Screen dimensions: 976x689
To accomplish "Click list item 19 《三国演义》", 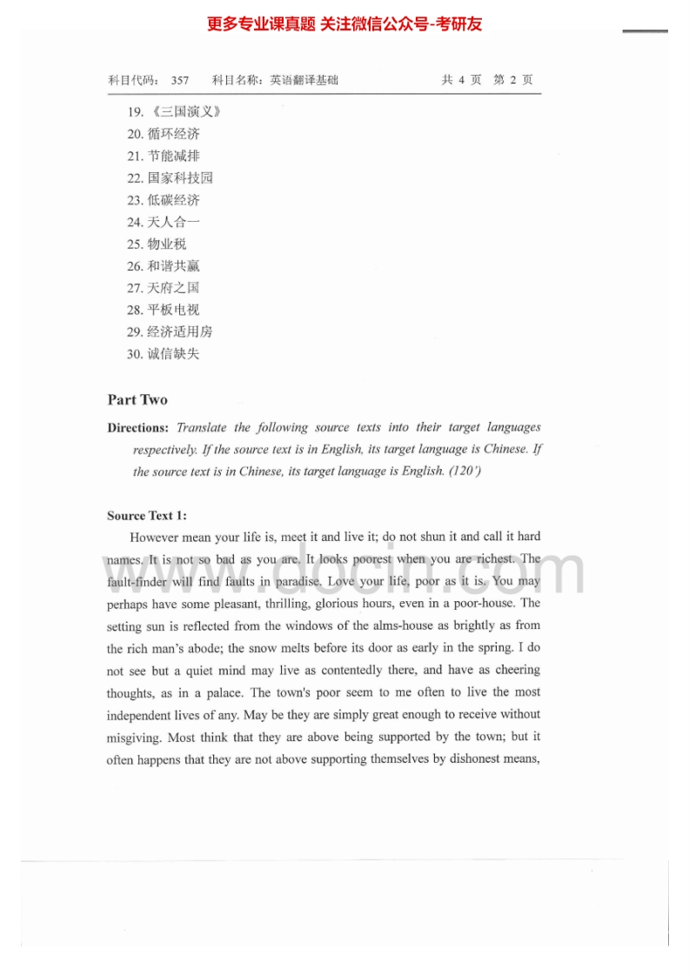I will (x=174, y=112).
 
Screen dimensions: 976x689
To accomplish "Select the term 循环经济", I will (x=173, y=134).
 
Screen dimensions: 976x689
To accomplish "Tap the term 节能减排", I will (x=173, y=156).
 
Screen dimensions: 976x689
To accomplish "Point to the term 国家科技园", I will (x=179, y=178).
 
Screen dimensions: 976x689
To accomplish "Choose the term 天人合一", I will (x=173, y=222).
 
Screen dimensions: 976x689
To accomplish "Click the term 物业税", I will (x=167, y=244).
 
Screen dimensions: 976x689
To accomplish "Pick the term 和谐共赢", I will (x=173, y=266).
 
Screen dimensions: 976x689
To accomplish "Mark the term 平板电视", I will (x=173, y=310).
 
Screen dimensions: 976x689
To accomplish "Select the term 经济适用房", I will (x=179, y=331).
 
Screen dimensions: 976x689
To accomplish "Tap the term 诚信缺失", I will (x=173, y=354).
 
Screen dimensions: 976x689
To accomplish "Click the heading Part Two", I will (x=137, y=400).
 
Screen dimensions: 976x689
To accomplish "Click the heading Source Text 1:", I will (x=147, y=516).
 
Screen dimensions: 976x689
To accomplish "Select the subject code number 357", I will (x=180, y=81).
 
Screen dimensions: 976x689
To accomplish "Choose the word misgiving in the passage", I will (x=135, y=737).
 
